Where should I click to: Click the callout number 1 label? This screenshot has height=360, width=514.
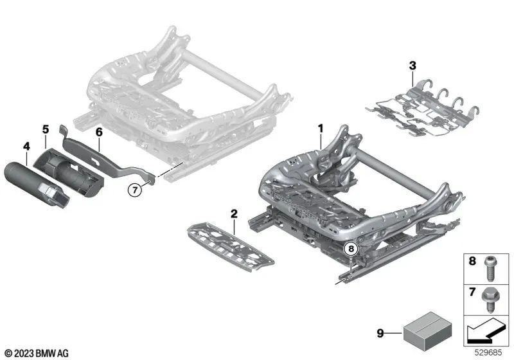319,129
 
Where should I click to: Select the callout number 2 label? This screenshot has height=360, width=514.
235,213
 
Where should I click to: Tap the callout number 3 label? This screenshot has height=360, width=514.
412,64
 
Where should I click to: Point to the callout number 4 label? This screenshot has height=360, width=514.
26,147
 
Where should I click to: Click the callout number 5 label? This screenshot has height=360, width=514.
46,129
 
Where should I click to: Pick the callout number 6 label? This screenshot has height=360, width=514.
99,132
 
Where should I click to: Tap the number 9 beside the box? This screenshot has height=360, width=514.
380,333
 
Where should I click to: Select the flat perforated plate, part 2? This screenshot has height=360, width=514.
229,242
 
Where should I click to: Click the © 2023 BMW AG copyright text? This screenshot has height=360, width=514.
29,353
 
